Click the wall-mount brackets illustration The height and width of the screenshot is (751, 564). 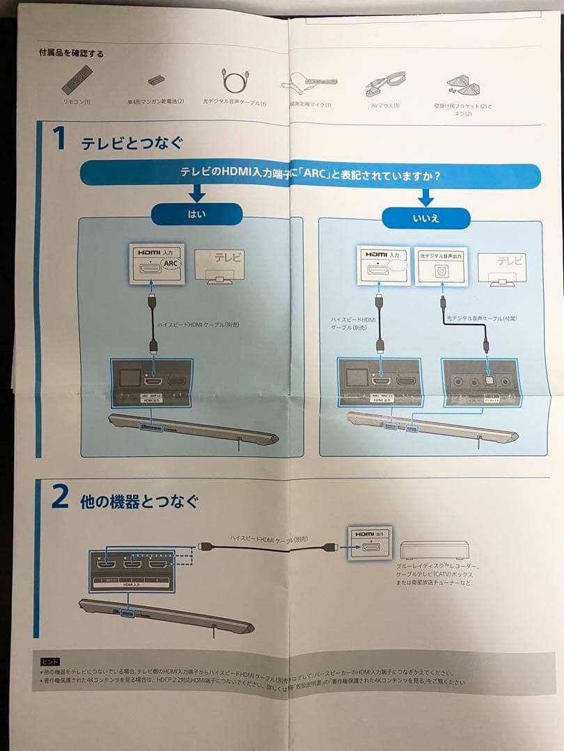point(461,86)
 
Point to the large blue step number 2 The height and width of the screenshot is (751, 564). point(60,498)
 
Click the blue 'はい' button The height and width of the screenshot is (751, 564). point(196,214)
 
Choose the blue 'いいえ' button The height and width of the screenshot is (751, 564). point(426,218)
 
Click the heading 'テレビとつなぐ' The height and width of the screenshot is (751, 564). point(132,144)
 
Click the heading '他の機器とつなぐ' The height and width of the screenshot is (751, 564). point(139,501)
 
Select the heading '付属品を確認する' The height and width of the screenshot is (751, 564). point(72,53)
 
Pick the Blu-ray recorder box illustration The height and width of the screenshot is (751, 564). point(436,549)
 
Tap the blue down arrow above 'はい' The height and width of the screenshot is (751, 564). point(196,193)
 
